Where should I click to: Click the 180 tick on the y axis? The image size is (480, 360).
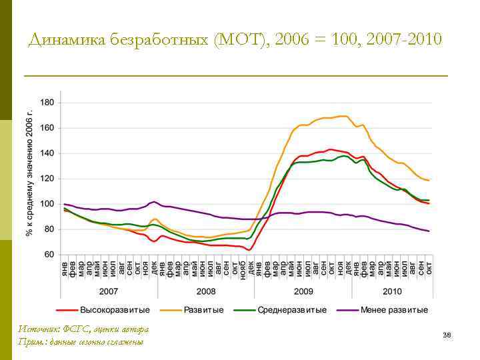tap(48, 103)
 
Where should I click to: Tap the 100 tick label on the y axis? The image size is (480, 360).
tap(48, 204)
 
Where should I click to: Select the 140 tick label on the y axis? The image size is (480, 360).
tap(48, 153)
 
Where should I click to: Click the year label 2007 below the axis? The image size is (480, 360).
tap(109, 291)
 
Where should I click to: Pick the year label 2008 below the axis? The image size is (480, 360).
tap(206, 291)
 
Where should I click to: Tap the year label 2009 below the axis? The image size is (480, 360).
tap(303, 291)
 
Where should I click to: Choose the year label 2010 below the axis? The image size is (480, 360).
tap(392, 291)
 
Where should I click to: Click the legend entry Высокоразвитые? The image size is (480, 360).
tap(115, 310)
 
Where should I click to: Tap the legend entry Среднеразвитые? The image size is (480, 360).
tap(292, 310)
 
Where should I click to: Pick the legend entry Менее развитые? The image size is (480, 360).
tap(393, 310)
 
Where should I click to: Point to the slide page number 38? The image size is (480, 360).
tap(447, 335)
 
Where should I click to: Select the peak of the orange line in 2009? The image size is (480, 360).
tap(342, 116)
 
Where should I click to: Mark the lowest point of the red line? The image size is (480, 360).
tap(249, 250)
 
